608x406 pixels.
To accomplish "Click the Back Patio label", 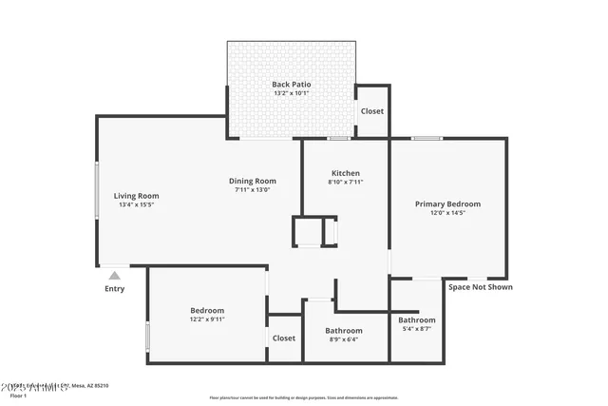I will pyautogui.click(x=292, y=85).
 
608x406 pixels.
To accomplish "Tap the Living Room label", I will pyautogui.click(x=136, y=196).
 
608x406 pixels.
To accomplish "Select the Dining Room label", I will pyautogui.click(x=253, y=181).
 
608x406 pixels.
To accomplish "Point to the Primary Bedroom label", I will pyautogui.click(x=448, y=203).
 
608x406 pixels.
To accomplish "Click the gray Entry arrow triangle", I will pyautogui.click(x=114, y=276).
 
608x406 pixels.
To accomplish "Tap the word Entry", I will pyautogui.click(x=114, y=289).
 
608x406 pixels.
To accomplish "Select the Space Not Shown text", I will pyautogui.click(x=480, y=287).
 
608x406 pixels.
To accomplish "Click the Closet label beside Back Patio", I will pyautogui.click(x=372, y=111).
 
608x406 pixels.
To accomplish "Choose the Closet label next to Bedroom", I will pyautogui.click(x=284, y=338).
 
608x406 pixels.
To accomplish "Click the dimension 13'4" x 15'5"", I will pyautogui.click(x=136, y=204).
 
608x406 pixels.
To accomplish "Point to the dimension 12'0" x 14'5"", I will pyautogui.click(x=448, y=213).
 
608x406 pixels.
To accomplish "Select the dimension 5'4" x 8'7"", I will pyautogui.click(x=417, y=329).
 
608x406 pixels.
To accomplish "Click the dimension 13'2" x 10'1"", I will pyautogui.click(x=292, y=94).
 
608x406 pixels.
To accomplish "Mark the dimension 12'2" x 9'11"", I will pyautogui.click(x=207, y=319).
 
